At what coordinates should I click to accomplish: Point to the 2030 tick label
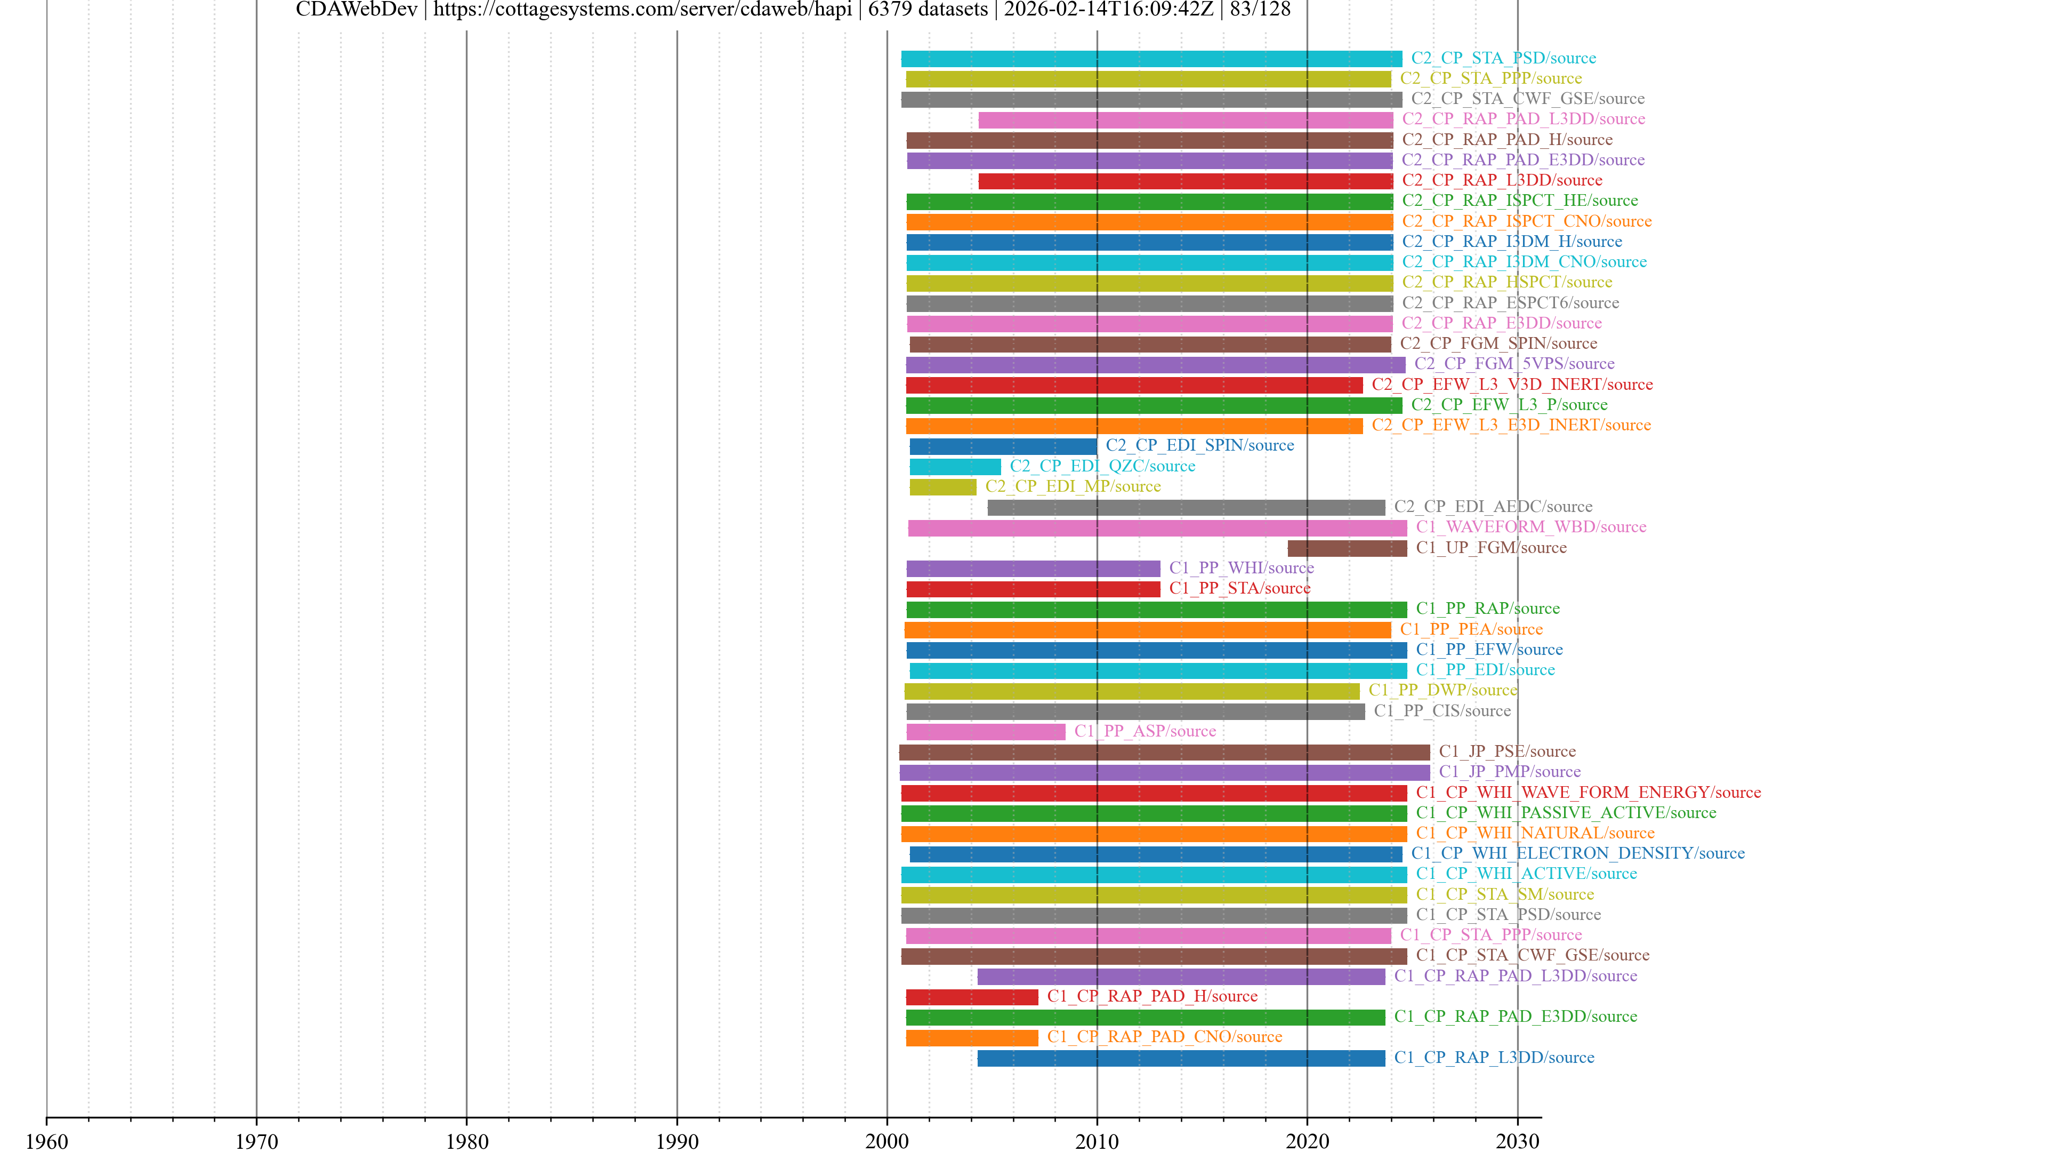coord(1517,1141)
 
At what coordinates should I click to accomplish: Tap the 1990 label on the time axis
coord(676,1141)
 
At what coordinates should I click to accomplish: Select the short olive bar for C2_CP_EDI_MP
coord(942,486)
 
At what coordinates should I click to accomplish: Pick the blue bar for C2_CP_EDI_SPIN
coord(1002,446)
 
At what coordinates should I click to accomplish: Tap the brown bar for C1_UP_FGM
coord(1347,548)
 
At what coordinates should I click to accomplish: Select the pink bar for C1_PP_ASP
coord(985,731)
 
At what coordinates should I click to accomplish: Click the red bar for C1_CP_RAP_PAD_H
coord(971,997)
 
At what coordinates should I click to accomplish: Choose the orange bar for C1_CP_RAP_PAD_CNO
coord(971,1037)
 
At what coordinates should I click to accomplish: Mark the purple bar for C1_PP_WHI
coord(1033,569)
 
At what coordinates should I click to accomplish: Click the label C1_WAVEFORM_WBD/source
coord(1530,527)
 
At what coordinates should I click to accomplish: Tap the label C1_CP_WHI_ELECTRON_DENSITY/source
coord(1577,853)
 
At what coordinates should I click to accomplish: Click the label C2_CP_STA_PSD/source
coord(1503,58)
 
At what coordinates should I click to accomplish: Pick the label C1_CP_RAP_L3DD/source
coord(1494,1058)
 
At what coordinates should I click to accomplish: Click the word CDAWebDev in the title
coord(356,10)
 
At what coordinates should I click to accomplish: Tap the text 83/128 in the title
coord(1260,10)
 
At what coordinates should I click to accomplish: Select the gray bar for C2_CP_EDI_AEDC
coord(1186,507)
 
